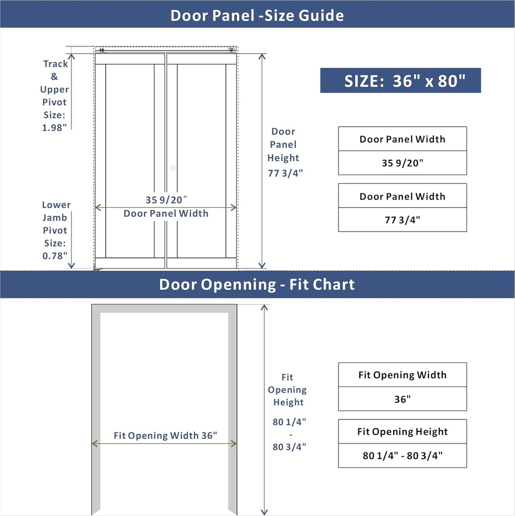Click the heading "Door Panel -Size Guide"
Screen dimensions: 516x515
coord(257,15)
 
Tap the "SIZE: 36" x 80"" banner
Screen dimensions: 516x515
coord(400,81)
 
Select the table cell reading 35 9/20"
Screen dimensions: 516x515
coord(402,163)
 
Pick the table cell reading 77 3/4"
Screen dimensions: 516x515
coord(402,220)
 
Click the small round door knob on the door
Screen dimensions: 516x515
coord(173,168)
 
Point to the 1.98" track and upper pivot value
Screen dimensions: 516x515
coord(54,127)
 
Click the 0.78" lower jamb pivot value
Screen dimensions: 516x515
coord(55,255)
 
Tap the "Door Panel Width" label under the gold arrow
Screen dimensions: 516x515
coord(166,214)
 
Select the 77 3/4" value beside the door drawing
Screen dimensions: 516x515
coord(285,173)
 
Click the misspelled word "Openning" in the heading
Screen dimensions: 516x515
coord(238,285)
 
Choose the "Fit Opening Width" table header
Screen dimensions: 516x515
coord(402,375)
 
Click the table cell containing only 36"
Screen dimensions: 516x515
coord(402,399)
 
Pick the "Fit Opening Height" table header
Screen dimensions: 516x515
coord(402,432)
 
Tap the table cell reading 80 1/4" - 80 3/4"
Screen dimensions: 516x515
coord(402,456)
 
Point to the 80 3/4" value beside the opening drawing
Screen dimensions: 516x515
coord(289,447)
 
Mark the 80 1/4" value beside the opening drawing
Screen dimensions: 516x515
coord(289,422)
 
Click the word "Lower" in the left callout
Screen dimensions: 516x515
coord(56,205)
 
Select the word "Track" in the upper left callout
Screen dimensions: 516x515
coord(55,64)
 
